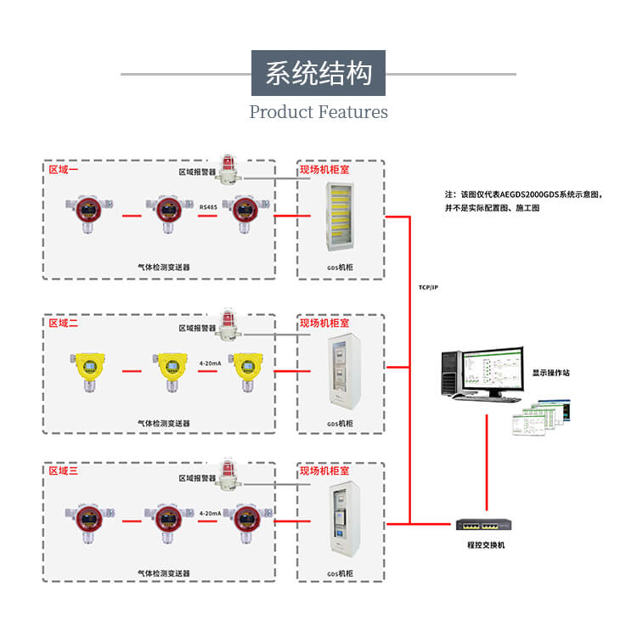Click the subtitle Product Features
[318, 111]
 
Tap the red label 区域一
[63, 170]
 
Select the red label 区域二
[63, 323]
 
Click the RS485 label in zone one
[208, 206]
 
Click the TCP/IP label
[428, 288]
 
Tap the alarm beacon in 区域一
[227, 169]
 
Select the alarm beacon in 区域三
[227, 474]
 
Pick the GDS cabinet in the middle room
[339, 374]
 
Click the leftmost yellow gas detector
[85, 370]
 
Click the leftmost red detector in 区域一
[85, 215]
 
